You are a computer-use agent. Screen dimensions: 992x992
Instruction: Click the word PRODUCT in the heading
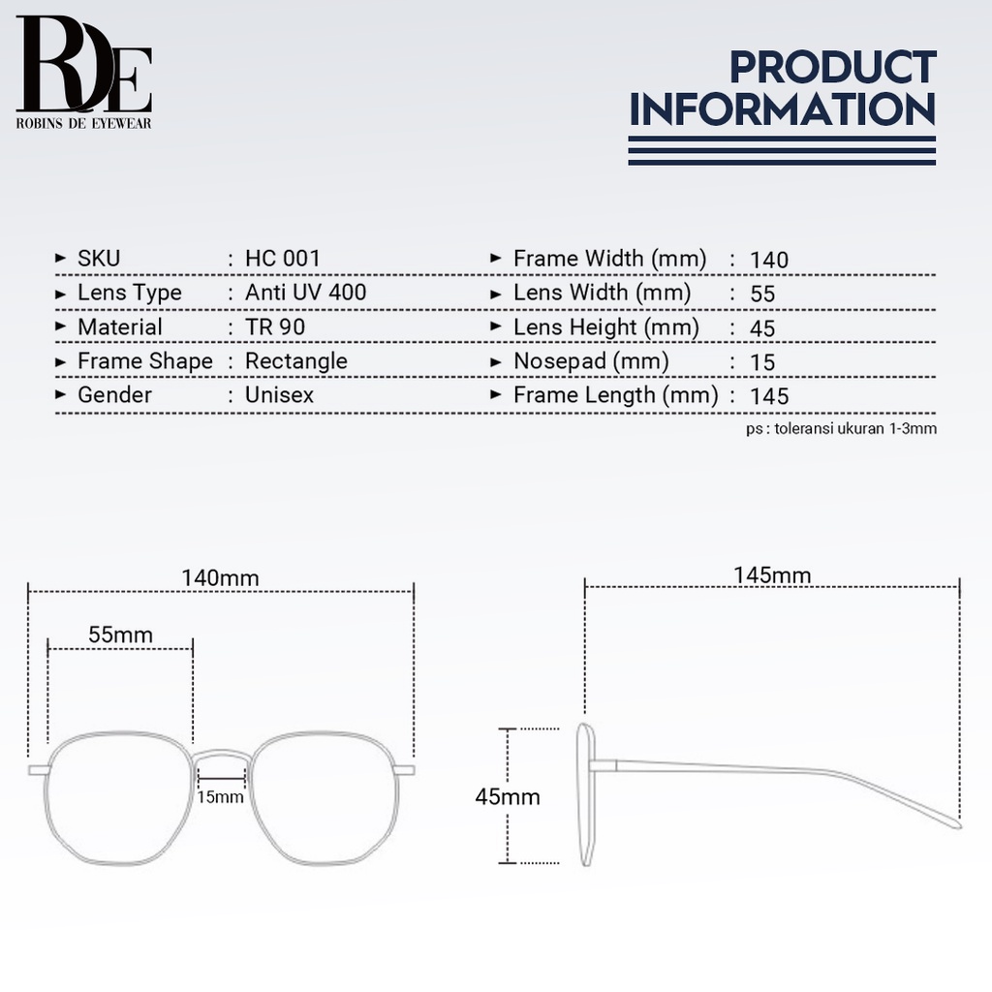832,68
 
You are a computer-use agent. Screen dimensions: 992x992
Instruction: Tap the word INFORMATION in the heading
783,109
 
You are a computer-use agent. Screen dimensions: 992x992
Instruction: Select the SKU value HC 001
282,259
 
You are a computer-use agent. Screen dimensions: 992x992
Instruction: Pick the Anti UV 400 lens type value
305,293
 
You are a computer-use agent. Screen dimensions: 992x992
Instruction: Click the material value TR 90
275,327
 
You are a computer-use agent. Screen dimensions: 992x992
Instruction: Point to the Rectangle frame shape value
295,361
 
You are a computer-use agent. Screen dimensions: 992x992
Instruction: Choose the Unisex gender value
279,395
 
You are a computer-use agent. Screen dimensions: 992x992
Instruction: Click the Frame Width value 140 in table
769,260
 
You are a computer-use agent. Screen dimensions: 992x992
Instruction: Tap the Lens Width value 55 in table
762,294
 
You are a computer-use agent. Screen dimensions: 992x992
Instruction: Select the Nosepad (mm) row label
591,361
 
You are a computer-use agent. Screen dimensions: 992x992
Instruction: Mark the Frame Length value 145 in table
769,395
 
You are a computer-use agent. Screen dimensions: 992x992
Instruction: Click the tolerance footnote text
841,427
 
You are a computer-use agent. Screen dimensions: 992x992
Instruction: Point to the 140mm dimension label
221,577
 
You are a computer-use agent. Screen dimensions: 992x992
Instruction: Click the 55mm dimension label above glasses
120,635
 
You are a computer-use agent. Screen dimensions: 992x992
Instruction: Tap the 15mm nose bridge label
220,797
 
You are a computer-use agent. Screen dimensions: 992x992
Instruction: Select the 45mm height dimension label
507,797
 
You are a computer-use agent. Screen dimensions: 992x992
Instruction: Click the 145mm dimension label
772,575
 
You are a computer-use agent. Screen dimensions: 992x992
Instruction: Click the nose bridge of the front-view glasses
221,754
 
